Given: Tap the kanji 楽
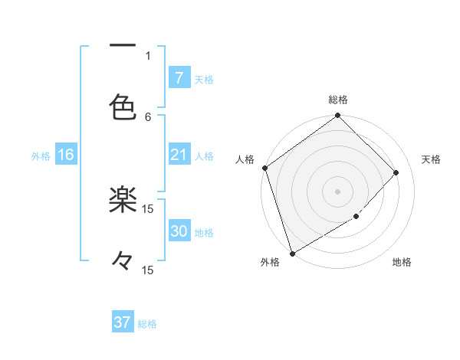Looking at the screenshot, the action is coord(123,201).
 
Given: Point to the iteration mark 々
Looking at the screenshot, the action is coord(123,261).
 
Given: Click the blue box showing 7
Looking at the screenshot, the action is coord(179,77).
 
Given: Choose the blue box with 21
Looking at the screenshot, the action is coord(179,155).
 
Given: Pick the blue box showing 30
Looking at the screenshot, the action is coord(179,231).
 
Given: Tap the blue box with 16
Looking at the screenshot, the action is coord(65,155).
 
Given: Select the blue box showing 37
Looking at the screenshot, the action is coord(123,322).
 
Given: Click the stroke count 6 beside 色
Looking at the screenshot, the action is coord(148,116).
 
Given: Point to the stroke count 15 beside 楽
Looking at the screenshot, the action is coord(148,208).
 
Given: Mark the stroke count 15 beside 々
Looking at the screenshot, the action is coord(148,270).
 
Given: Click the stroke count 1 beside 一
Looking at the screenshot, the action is coord(148,55).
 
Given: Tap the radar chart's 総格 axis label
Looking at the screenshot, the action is coord(338,100).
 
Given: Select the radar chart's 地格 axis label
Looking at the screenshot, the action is coord(402,262).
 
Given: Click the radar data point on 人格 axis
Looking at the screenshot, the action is coord(264,168).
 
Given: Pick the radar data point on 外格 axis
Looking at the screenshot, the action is coord(292,254).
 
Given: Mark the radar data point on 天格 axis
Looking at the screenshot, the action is coord(396,172).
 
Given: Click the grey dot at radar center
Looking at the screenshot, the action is coord(338,191).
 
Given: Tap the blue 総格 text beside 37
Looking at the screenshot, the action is coord(147,324).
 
